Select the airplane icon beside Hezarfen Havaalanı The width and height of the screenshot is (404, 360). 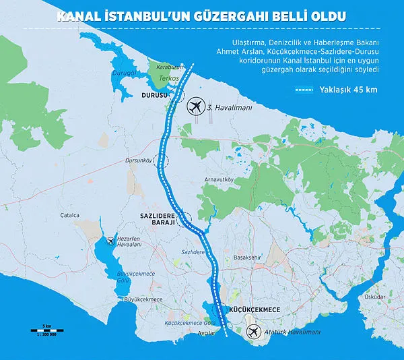coord(110,241)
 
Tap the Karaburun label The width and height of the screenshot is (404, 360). coord(171,67)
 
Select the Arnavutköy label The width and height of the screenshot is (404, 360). coord(220,179)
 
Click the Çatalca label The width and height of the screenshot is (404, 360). coord(69,215)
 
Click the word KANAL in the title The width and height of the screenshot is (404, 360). coord(82,13)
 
